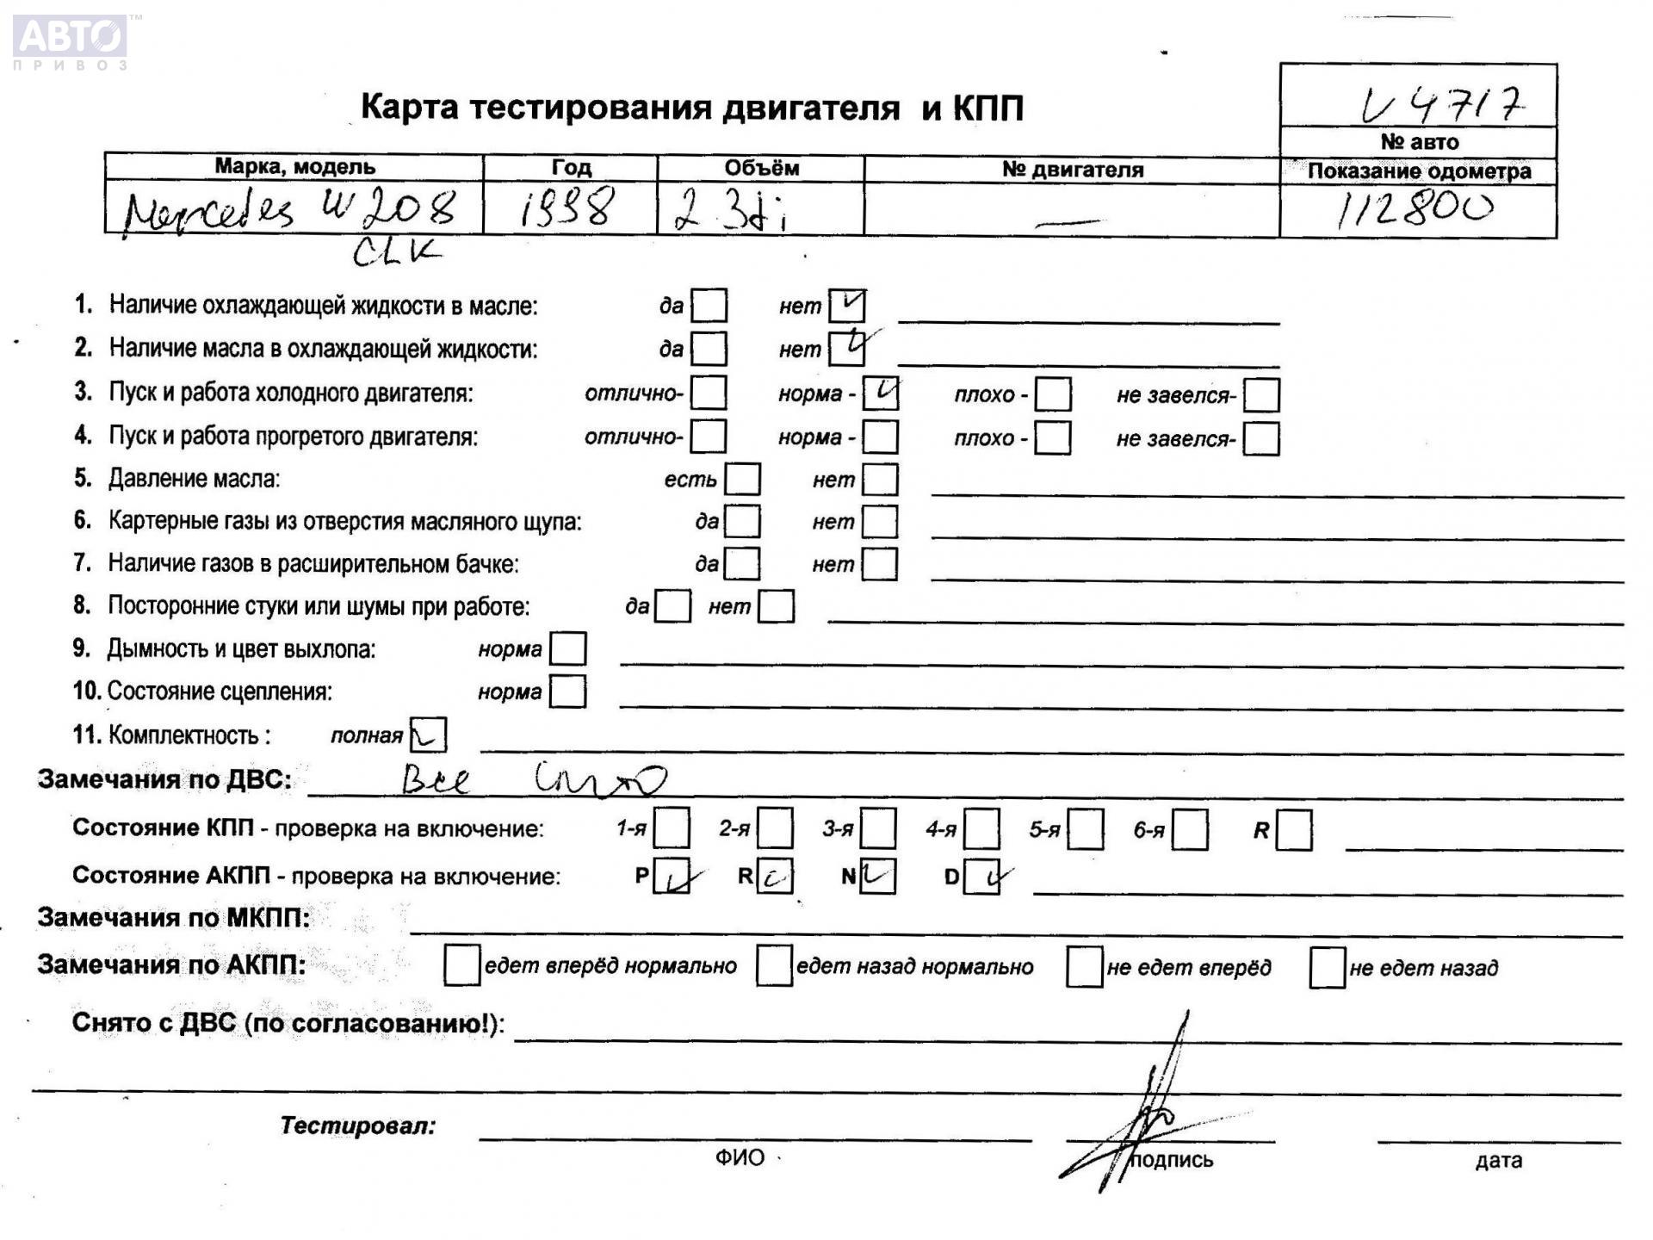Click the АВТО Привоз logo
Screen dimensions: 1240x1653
[x=71, y=41]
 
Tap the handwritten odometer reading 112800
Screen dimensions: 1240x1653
[x=1415, y=209]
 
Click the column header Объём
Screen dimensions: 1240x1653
[x=761, y=168]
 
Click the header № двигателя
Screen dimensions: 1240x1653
[x=1072, y=170]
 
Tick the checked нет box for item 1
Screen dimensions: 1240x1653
[x=847, y=305]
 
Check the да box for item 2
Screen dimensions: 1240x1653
[x=709, y=349]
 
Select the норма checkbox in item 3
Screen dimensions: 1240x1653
[x=881, y=394]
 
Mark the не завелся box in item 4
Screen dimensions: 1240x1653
[x=1261, y=439]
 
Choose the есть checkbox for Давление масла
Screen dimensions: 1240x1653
[x=743, y=480]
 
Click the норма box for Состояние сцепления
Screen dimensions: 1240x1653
[x=567, y=691]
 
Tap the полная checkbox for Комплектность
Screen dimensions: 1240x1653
[x=429, y=735]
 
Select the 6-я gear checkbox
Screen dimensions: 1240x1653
[x=1190, y=829]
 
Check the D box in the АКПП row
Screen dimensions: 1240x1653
[x=981, y=877]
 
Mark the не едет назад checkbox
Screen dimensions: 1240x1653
[x=1327, y=967]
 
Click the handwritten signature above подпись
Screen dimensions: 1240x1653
[x=1145, y=1111]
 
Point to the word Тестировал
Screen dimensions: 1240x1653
[x=358, y=1125]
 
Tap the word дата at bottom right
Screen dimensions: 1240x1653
[x=1498, y=1161]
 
